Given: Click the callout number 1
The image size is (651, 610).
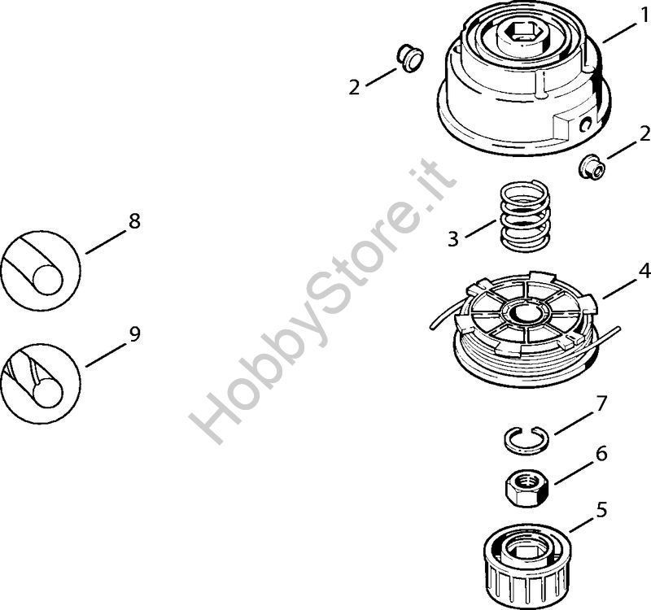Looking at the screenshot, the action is tap(644, 15).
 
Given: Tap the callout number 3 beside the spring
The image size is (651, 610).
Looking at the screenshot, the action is tap(453, 239).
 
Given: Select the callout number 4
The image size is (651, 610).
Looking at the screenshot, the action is tap(644, 271).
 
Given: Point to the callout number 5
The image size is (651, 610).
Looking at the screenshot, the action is tap(601, 510).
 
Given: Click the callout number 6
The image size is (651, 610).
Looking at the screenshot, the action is tap(601, 454).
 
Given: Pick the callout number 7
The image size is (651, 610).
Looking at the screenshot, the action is tap(601, 403).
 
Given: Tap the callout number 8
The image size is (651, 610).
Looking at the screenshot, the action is tap(134, 220).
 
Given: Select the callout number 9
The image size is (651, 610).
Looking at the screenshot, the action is tap(134, 334).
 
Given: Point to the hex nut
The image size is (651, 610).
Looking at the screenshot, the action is tap(526, 489).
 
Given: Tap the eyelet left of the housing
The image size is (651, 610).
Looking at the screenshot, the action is tap(409, 58).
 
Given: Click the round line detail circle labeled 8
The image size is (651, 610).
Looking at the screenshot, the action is tap(41, 271).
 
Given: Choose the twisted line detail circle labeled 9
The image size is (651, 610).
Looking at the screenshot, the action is tap(41, 383).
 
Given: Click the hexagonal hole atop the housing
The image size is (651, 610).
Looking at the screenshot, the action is tap(524, 30).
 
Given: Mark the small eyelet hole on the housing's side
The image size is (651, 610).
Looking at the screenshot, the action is tap(586, 124).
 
